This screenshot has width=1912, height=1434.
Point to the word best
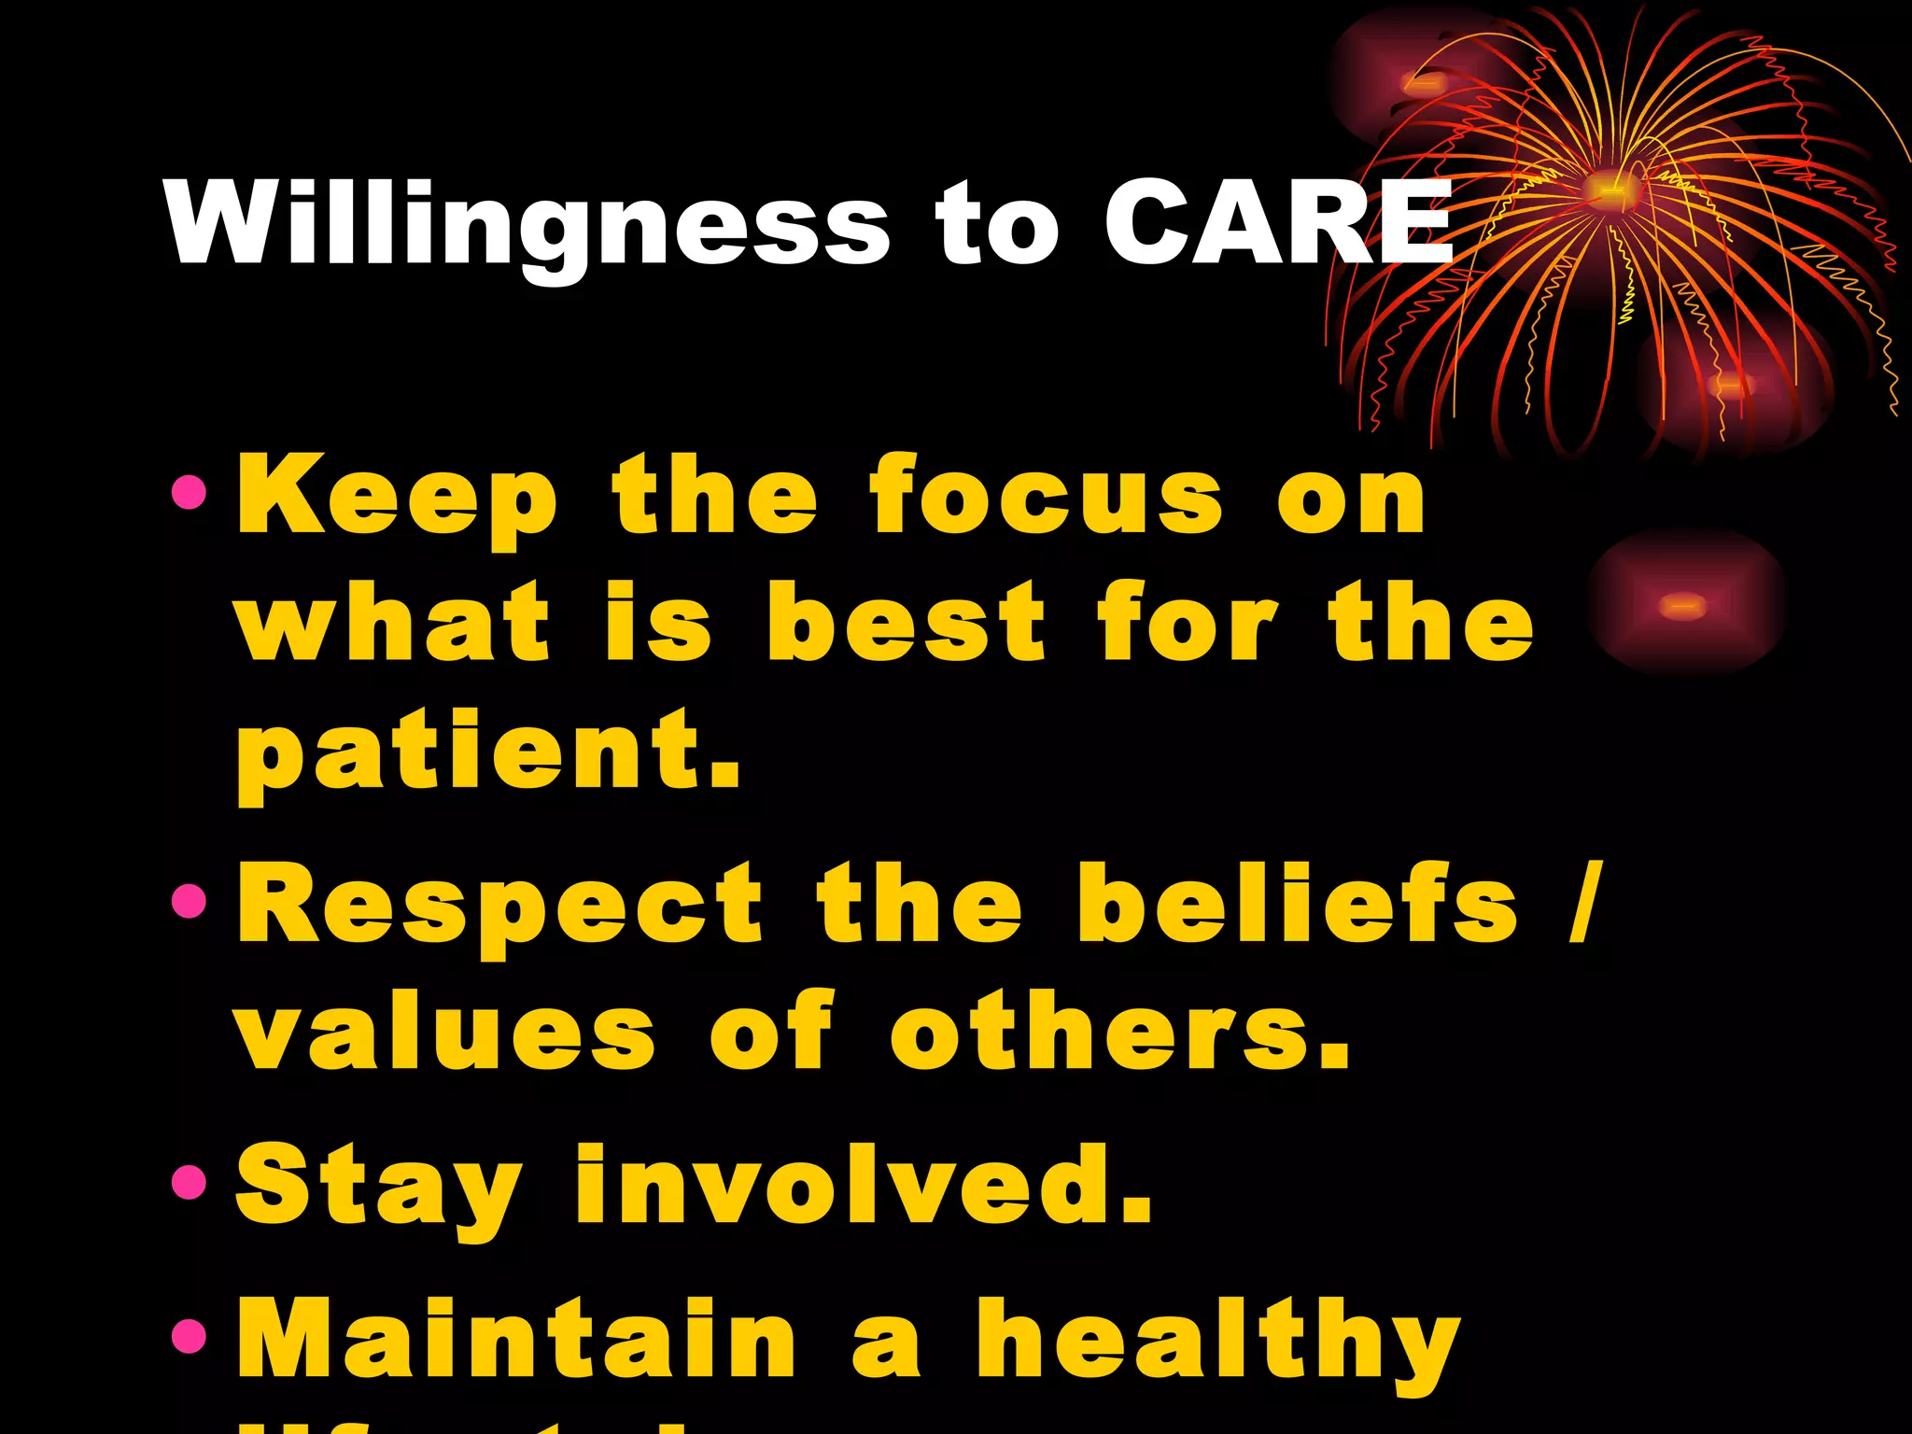(x=906, y=623)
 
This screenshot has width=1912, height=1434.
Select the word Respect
(x=499, y=906)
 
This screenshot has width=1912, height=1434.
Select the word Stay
(x=378, y=1188)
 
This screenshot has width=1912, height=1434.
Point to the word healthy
(x=1218, y=1343)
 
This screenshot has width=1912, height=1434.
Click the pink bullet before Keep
(x=190, y=492)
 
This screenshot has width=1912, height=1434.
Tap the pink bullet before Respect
(x=190, y=901)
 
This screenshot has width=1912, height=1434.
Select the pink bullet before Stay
(x=190, y=1182)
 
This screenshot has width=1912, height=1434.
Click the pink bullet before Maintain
(x=190, y=1336)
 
